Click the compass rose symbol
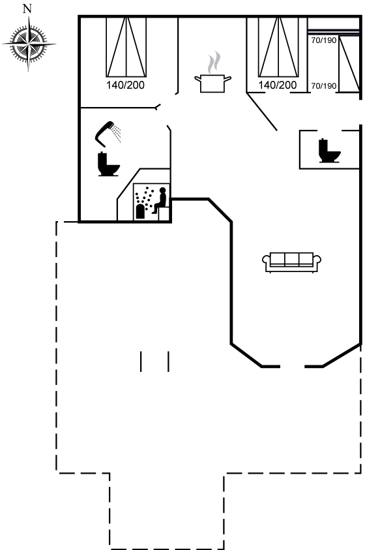click(29, 44)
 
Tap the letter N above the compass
click(27, 8)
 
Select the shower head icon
click(104, 134)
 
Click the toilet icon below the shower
click(109, 164)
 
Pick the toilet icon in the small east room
click(329, 151)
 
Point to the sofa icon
click(291, 262)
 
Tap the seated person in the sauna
click(160, 200)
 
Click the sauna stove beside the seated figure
click(140, 211)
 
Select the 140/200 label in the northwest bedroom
click(125, 85)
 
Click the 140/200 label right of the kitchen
click(278, 85)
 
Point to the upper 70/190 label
click(324, 40)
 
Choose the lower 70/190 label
click(324, 86)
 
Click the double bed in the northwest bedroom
click(126, 47)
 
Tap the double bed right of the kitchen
click(278, 47)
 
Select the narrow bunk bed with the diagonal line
click(349, 64)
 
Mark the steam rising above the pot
click(214, 63)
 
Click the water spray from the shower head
click(116, 134)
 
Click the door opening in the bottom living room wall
click(293, 367)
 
